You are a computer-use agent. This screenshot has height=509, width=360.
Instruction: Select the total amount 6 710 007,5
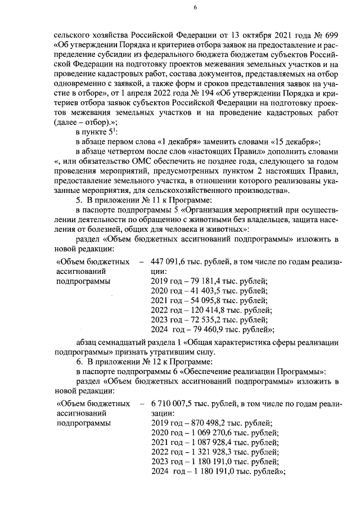pos(175,404)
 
